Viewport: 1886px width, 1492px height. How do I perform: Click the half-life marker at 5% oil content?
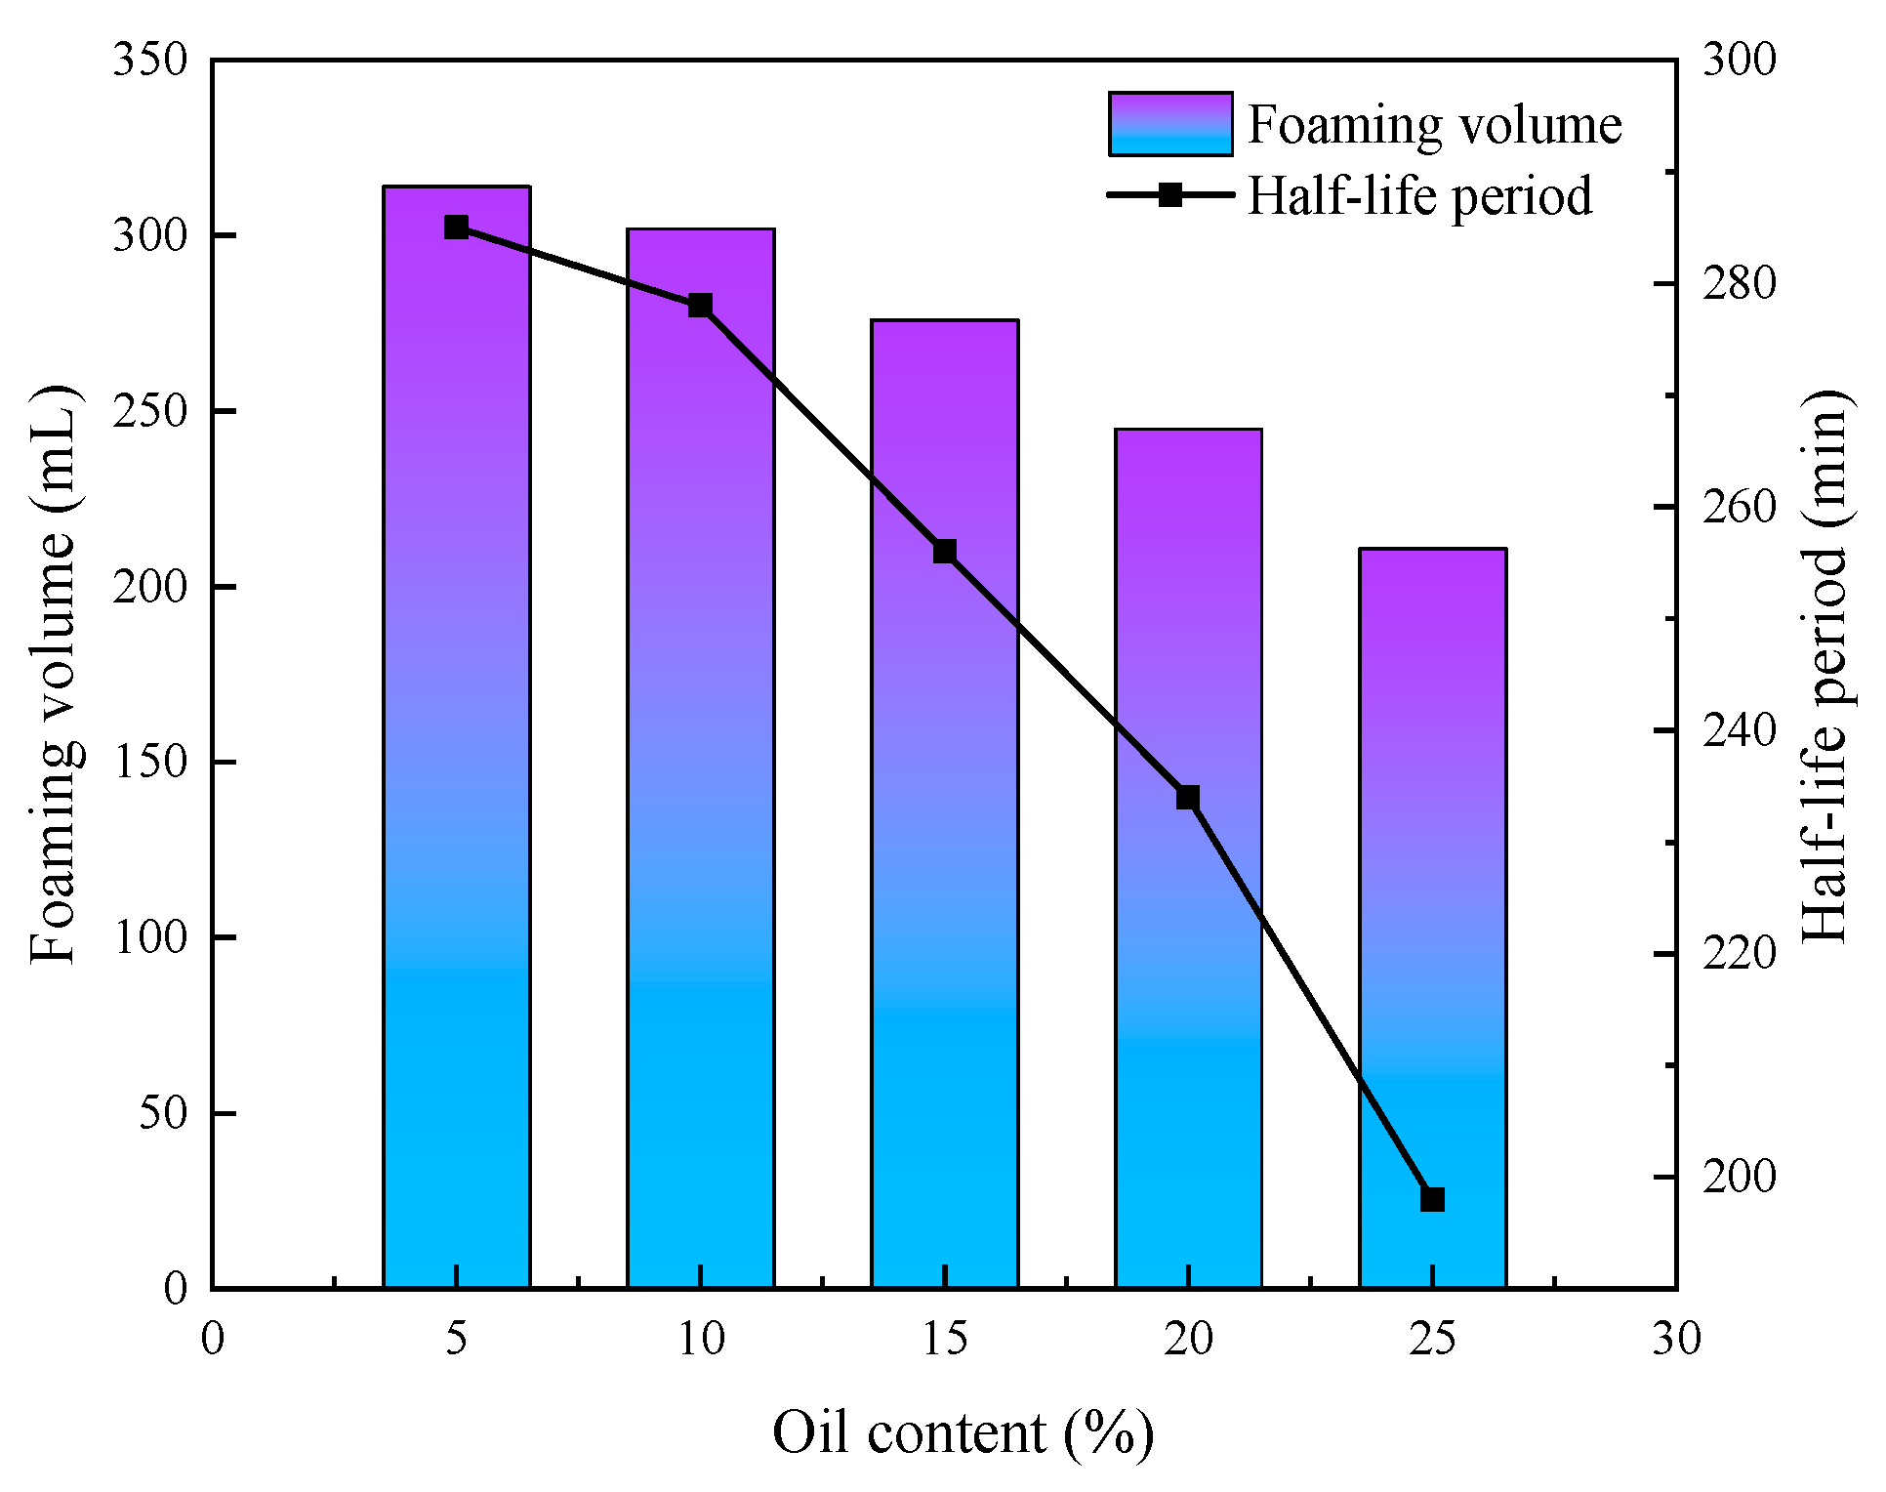[456, 228]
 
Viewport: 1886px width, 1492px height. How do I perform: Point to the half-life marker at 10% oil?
[700, 306]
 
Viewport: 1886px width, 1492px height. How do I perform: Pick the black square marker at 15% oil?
[944, 552]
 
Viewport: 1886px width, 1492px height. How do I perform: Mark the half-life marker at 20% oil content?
[1188, 798]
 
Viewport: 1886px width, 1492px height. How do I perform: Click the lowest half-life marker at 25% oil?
[1432, 1199]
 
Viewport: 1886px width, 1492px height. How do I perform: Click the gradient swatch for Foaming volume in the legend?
[1169, 124]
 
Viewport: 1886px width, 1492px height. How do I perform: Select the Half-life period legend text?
[1419, 195]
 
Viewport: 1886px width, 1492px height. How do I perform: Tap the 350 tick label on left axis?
[149, 61]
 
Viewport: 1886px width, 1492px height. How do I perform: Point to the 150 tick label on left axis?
[149, 763]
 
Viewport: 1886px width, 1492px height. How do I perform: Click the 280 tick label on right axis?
[1739, 283]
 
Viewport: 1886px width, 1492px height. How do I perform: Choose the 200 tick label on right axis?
[1739, 1177]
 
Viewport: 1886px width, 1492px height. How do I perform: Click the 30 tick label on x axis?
[1676, 1339]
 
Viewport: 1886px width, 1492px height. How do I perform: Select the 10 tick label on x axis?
[700, 1339]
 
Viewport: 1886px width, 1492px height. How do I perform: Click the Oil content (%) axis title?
[963, 1434]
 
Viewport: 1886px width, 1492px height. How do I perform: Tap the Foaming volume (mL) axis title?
[53, 674]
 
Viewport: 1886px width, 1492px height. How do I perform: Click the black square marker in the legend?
[1169, 195]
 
